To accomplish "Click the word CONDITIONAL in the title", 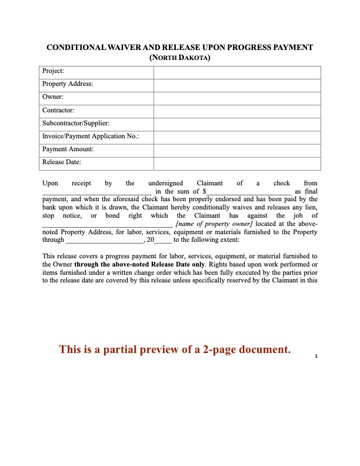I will [75, 48].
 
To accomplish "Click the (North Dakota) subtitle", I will [180, 58].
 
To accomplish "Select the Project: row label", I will [53, 72].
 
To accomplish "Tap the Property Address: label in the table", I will [68, 85].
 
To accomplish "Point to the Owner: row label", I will [53, 98].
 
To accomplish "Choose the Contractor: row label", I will [59, 111].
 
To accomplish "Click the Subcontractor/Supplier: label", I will [76, 124].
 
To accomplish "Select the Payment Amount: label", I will [68, 149].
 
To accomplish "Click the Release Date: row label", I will [62, 162].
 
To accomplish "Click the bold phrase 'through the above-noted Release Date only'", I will [141, 264].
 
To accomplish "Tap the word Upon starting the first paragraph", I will [51, 183].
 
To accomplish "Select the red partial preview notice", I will [175, 349].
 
